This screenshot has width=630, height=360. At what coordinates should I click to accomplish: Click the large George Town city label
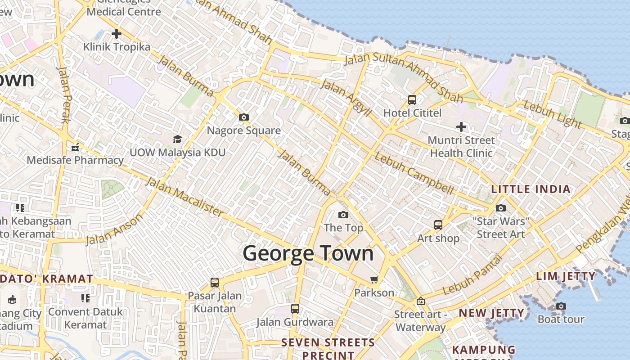(x=308, y=253)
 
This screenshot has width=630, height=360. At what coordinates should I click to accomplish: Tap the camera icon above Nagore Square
(x=244, y=117)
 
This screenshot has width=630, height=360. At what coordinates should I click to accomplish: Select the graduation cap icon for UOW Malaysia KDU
(x=177, y=139)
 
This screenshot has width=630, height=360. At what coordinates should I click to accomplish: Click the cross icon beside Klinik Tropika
(x=117, y=34)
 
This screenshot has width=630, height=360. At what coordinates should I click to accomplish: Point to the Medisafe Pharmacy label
(x=75, y=160)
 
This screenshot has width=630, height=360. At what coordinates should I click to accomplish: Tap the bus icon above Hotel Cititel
(x=412, y=99)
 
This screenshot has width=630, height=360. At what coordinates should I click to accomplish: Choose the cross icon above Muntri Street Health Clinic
(x=461, y=127)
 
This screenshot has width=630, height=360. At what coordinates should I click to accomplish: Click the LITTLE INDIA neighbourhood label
(x=531, y=189)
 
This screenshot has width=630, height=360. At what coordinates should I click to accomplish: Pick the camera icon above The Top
(x=343, y=215)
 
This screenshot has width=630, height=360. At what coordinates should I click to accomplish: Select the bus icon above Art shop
(x=438, y=225)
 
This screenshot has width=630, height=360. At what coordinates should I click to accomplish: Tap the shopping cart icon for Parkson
(x=374, y=280)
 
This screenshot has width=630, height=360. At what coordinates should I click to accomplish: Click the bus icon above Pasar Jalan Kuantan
(x=215, y=283)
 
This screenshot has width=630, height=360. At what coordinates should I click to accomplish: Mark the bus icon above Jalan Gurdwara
(x=295, y=309)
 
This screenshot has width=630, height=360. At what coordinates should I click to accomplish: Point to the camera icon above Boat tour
(x=561, y=306)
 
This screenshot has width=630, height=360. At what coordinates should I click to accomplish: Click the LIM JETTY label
(x=566, y=276)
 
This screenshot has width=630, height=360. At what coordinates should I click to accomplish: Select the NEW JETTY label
(x=491, y=313)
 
